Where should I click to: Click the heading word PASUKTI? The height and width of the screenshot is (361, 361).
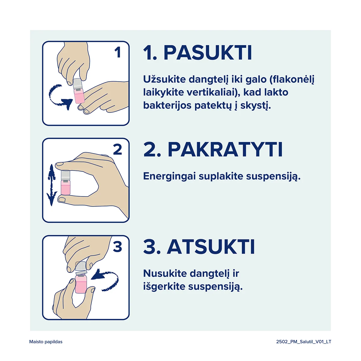tap(208, 53)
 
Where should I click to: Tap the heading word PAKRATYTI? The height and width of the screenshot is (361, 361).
tap(225, 150)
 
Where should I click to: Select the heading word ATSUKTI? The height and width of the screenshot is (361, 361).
tap(211, 247)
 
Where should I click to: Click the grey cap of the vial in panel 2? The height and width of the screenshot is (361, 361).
tap(66, 175)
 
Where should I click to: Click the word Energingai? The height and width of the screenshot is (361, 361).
tap(169, 177)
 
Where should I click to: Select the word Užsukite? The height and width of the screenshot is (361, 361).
tap(164, 79)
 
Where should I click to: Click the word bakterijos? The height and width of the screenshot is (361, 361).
tap(167, 106)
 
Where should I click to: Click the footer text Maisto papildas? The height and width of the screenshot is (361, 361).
tap(46, 342)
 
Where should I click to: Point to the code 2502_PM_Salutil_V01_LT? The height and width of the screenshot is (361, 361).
tap(304, 342)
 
